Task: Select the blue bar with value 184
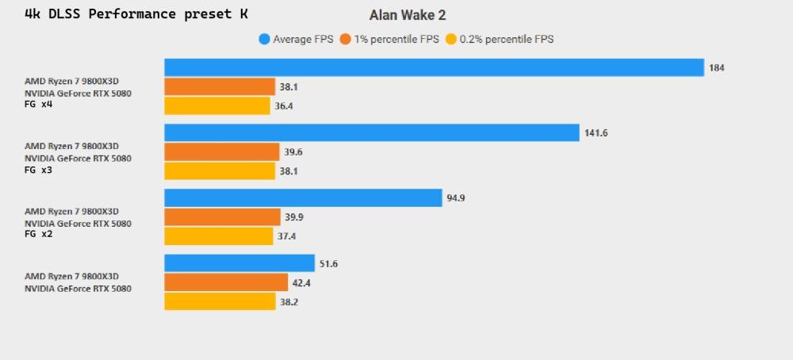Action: (434, 67)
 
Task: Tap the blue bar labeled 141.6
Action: (372, 132)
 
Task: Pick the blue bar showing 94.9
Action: (303, 197)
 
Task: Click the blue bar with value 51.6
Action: (239, 263)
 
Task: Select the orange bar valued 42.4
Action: (226, 282)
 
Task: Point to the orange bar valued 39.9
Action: (222, 217)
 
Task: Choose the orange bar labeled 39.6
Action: (222, 151)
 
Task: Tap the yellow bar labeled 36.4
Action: (217, 105)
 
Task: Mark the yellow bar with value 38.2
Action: (220, 301)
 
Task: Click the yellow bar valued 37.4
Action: (219, 236)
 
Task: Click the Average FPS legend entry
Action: (294, 39)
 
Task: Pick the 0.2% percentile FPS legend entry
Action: (500, 39)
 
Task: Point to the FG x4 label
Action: (39, 104)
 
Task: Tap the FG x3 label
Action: (39, 170)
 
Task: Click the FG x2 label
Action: (39, 235)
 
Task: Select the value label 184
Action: (717, 68)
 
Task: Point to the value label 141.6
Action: (596, 133)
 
